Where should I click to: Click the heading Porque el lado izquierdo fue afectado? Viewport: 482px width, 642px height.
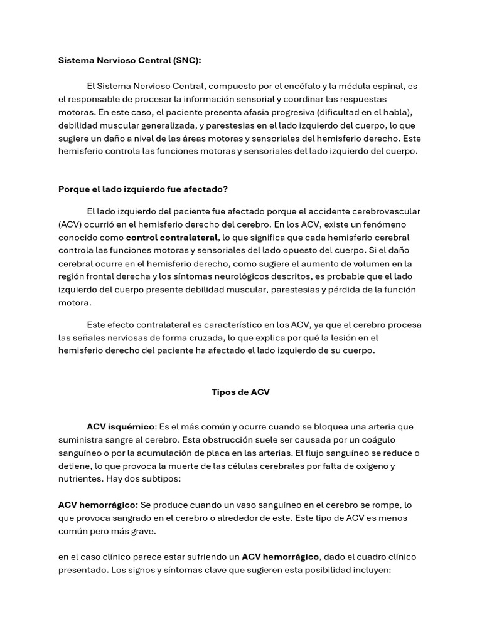click(x=142, y=189)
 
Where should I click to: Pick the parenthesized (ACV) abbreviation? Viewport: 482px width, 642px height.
click(x=71, y=224)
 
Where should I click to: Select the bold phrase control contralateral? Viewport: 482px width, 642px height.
click(x=172, y=238)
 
